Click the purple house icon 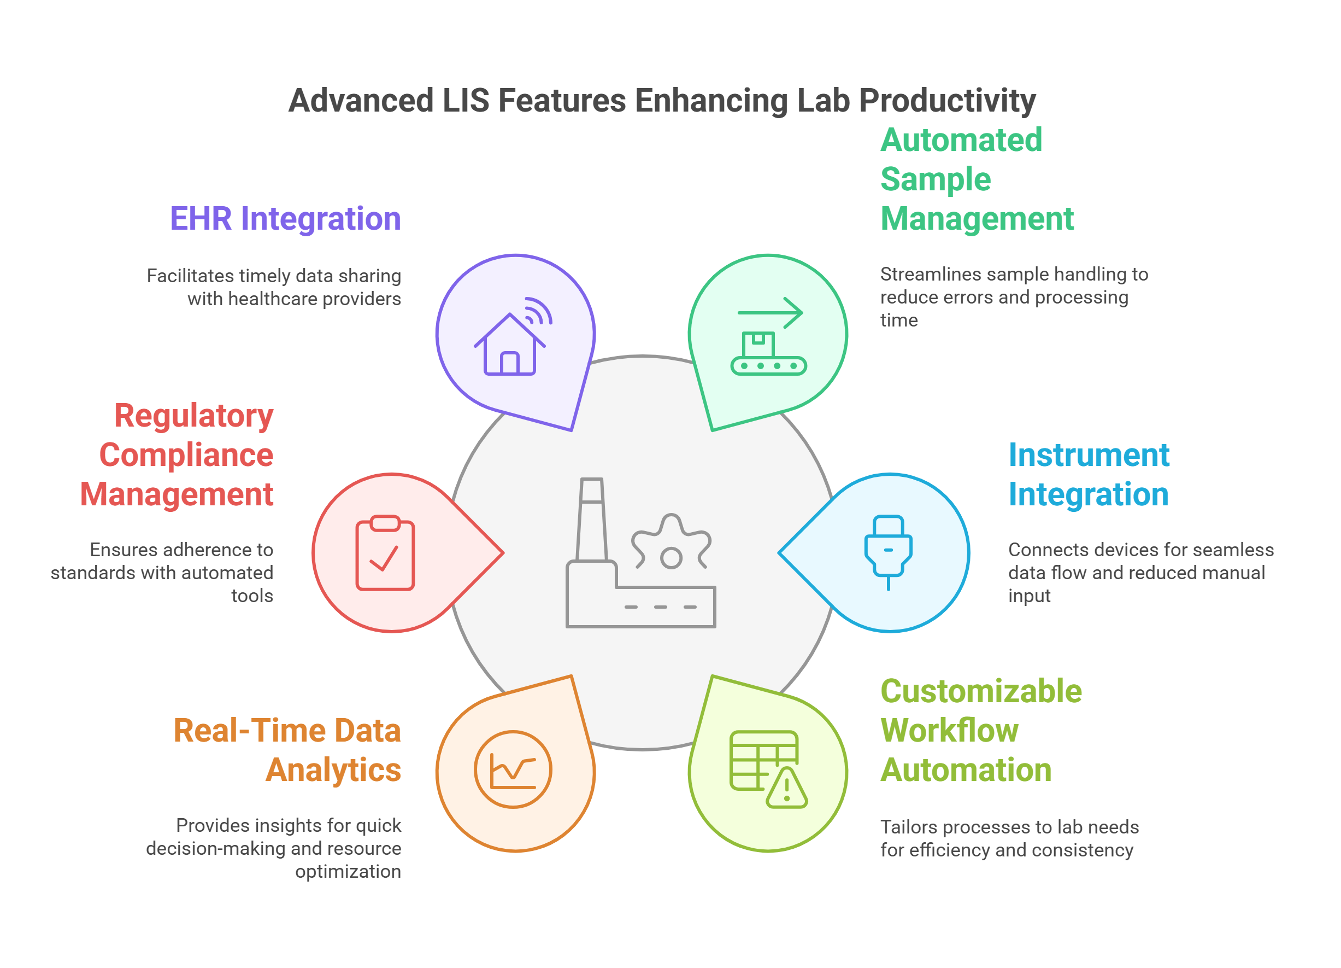(x=509, y=346)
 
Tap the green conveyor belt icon (x=768, y=355)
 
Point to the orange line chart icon (x=513, y=769)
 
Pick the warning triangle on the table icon (x=786, y=789)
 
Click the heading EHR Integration (x=286, y=219)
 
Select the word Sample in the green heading (x=936, y=179)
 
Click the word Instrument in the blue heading (x=1089, y=455)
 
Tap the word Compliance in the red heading (x=186, y=455)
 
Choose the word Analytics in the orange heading (x=333, y=770)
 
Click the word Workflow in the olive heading (x=950, y=730)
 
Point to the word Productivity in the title (x=947, y=101)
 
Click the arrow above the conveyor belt (x=771, y=312)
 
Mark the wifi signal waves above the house (x=538, y=311)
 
